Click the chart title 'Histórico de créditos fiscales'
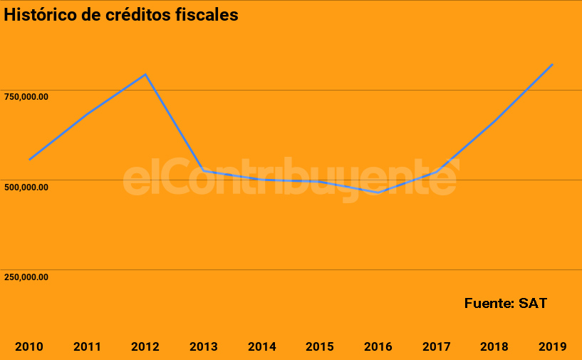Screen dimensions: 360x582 click(x=121, y=15)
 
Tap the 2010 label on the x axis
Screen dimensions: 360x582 click(x=29, y=347)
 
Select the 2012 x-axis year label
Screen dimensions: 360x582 click(x=145, y=347)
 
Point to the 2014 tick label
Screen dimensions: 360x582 click(x=262, y=347)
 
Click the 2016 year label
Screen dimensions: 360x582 click(x=378, y=347)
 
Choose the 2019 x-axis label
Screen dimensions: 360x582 click(x=553, y=347)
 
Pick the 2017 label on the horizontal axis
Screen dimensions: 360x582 click(x=436, y=347)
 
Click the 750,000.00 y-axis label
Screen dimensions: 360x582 click(x=26, y=97)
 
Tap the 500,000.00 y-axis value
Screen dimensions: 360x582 click(x=26, y=187)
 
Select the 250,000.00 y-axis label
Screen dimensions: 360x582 click(x=26, y=277)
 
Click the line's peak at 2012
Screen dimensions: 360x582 click(x=145, y=74)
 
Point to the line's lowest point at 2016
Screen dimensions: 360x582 click(x=378, y=192)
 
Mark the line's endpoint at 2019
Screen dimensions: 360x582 click(x=553, y=64)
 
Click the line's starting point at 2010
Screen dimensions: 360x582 click(x=29, y=160)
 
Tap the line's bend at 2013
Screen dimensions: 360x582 click(x=204, y=170)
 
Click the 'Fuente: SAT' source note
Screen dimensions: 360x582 click(x=506, y=303)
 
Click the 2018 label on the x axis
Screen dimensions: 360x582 click(x=494, y=347)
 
